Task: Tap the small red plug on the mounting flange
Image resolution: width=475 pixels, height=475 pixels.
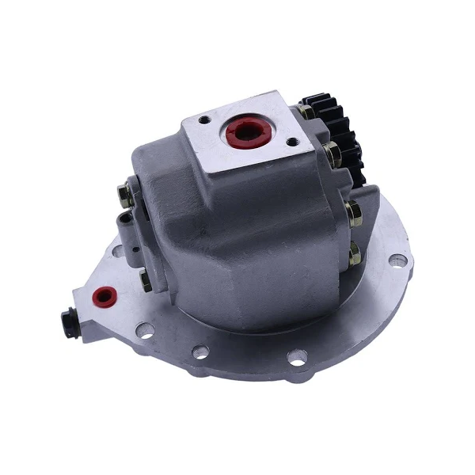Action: pos(101,295)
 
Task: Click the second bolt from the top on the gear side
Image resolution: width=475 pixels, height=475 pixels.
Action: pos(333,154)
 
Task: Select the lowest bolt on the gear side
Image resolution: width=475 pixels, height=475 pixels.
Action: pos(354,255)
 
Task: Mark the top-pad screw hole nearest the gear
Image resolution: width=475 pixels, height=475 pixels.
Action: pos(291,143)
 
